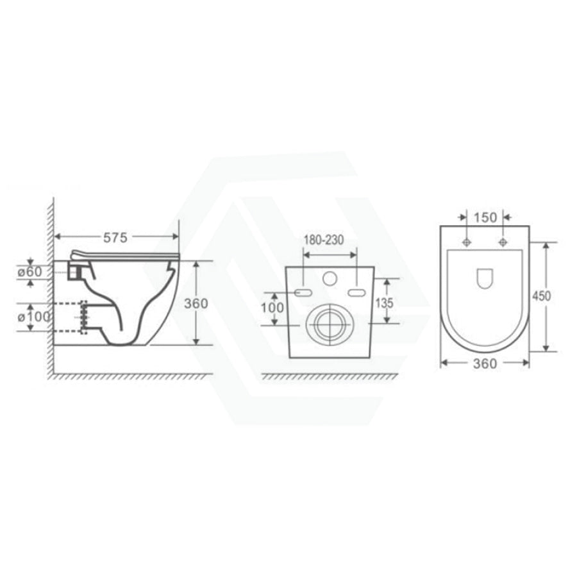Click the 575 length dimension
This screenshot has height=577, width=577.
115,238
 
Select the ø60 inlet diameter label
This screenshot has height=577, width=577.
29,272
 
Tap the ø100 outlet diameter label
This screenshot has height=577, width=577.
33,317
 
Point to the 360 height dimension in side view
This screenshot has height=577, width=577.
196,304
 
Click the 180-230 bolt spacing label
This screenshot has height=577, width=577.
324,240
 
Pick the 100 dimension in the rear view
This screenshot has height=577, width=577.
272,308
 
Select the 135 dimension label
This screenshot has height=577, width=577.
384,303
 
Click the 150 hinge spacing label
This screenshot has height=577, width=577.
485,217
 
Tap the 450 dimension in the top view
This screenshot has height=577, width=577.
542,296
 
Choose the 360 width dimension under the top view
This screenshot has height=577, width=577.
485,364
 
